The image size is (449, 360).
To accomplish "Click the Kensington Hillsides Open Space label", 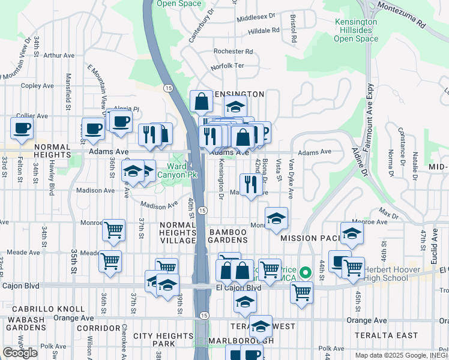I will tap(355, 30).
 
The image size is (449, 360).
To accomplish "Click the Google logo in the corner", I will tap(20, 353).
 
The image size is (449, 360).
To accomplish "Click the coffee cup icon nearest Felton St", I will tap(22, 128).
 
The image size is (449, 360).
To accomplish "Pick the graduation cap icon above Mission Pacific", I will tap(352, 233).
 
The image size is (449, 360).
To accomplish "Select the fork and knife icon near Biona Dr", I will tap(250, 184).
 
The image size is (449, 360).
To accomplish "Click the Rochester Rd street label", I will tap(233, 52).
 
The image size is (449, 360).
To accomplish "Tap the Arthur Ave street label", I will tap(59, 55).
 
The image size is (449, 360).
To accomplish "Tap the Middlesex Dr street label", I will tap(256, 17).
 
